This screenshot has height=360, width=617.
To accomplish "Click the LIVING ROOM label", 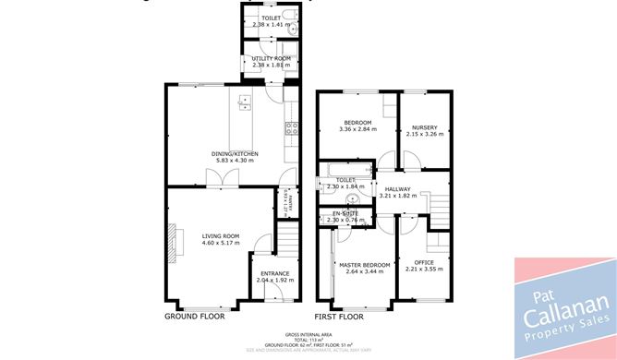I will click(221, 236).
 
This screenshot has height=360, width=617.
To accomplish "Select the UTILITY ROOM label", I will click(272, 58).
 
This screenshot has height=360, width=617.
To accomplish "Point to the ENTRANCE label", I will click(274, 272).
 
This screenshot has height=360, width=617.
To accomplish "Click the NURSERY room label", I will click(425, 127).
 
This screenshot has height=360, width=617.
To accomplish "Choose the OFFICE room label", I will click(424, 262).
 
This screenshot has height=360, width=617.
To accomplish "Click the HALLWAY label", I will click(398, 188).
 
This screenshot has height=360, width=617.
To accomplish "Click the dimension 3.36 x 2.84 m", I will click(357, 130).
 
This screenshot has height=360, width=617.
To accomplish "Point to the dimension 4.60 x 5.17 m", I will click(221, 243).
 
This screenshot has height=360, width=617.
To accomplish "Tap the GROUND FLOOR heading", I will click(195, 316).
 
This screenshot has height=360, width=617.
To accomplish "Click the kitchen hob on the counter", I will click(289, 129).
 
